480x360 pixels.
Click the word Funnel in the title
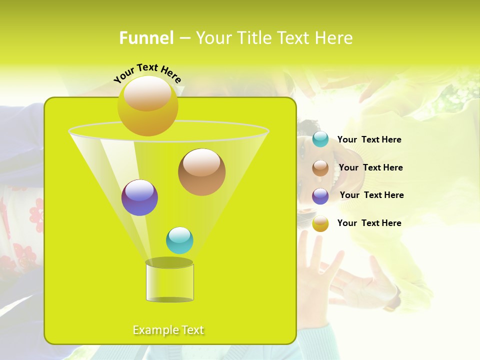(x=146, y=38)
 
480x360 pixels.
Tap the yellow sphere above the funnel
(x=147, y=105)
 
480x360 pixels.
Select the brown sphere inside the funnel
(x=201, y=172)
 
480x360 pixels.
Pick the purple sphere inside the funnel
(x=139, y=197)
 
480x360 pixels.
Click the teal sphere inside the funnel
(x=179, y=240)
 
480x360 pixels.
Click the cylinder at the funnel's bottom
(x=169, y=281)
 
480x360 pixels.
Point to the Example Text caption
(x=168, y=330)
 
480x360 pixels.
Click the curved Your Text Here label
(x=147, y=73)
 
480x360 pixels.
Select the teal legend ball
(x=320, y=139)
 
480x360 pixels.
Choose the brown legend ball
(x=320, y=168)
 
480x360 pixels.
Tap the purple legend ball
(x=320, y=196)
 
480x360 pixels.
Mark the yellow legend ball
(x=320, y=223)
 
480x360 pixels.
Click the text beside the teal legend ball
(x=369, y=140)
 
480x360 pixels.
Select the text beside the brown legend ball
(x=370, y=168)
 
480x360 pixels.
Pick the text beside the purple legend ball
(x=371, y=195)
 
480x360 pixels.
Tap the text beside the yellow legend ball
(x=369, y=223)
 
